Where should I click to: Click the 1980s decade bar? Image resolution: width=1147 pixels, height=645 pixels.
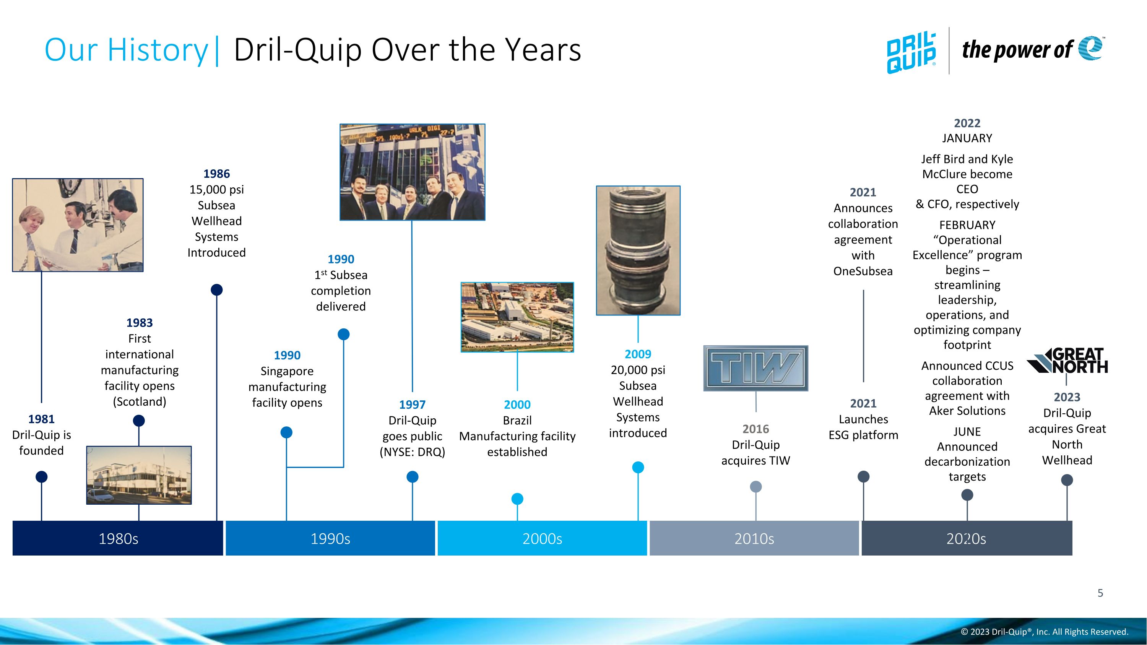click(118, 538)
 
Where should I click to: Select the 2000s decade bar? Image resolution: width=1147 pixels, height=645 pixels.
click(542, 538)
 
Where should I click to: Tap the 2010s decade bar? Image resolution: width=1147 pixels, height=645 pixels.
click(754, 538)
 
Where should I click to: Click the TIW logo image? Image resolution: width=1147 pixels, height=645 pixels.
click(755, 368)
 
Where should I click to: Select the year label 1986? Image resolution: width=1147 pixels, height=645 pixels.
click(216, 174)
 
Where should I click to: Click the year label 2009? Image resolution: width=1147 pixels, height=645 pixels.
click(638, 354)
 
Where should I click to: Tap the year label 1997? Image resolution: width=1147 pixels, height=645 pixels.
click(412, 405)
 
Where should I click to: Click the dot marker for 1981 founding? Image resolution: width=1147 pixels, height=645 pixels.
click(41, 477)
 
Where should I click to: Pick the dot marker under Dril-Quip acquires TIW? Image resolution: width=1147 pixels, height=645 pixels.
click(755, 487)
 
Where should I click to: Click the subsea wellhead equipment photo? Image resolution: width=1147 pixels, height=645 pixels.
click(638, 250)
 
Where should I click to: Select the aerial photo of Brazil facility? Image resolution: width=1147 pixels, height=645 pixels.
click(517, 317)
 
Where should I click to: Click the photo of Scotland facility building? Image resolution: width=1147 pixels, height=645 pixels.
click(139, 475)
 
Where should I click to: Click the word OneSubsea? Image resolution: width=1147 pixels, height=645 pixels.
click(863, 271)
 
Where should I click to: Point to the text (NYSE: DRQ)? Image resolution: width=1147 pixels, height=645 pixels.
click(412, 452)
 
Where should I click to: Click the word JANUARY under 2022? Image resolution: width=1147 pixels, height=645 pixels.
click(967, 138)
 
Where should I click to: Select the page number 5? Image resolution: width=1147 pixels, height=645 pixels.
click(1100, 593)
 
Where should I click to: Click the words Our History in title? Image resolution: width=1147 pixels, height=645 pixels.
click(126, 49)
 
